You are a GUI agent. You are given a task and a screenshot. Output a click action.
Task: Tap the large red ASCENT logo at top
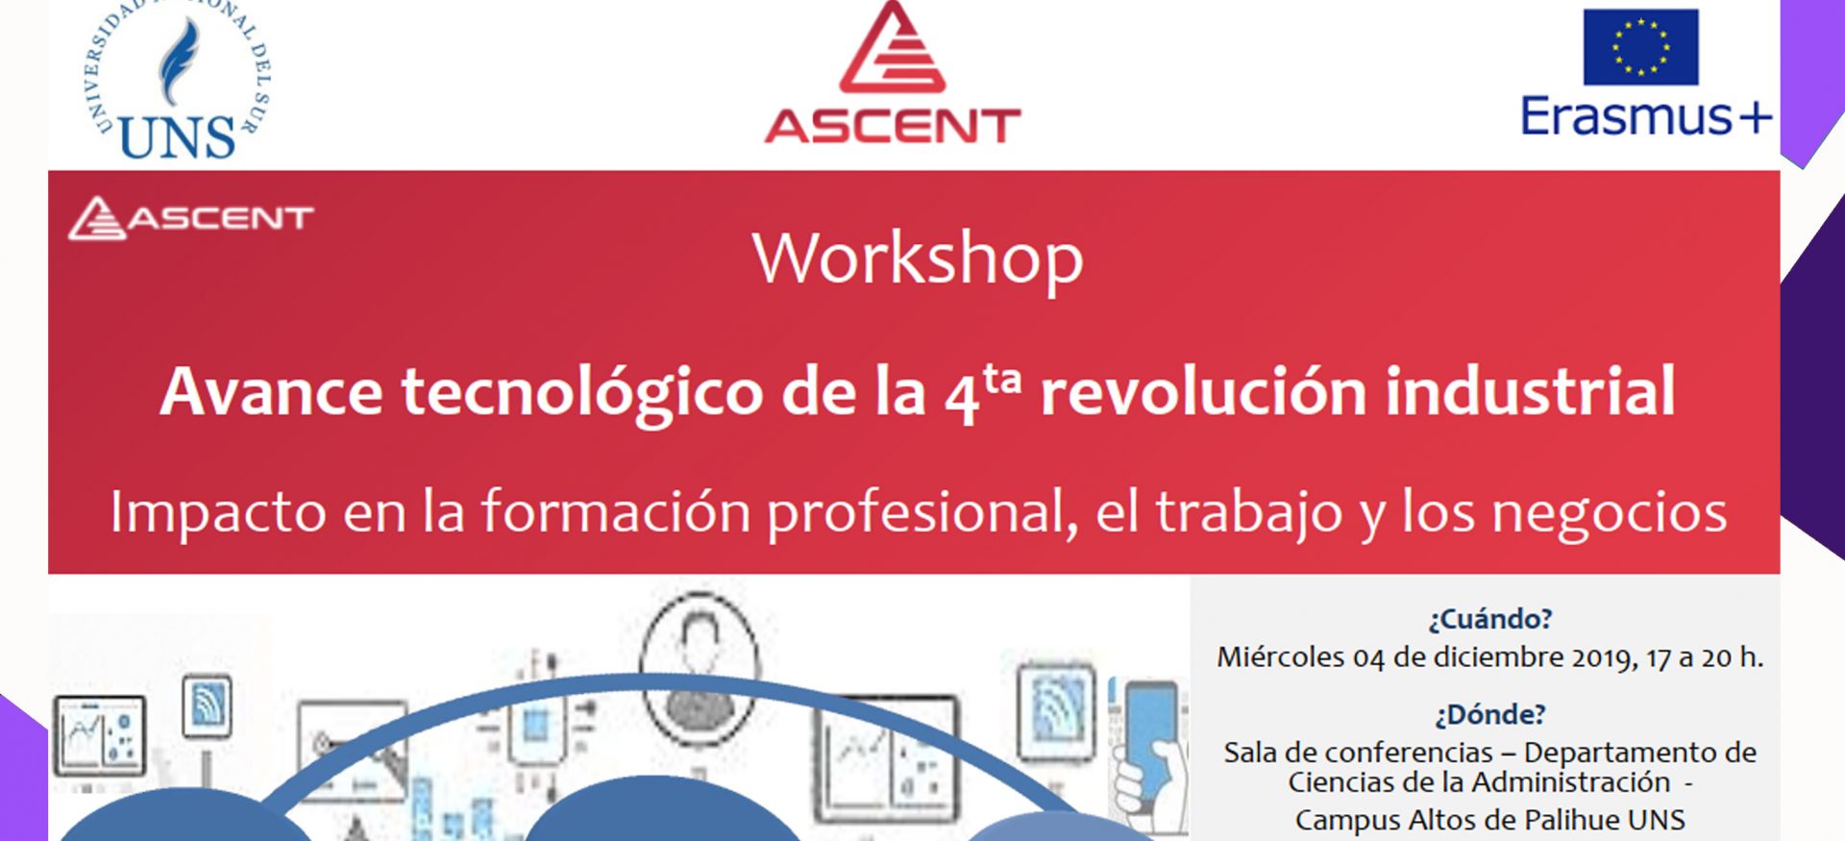(x=893, y=73)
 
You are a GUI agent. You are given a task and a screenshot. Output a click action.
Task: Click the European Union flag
(x=1640, y=47)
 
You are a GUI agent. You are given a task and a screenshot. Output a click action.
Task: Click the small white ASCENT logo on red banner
(x=191, y=218)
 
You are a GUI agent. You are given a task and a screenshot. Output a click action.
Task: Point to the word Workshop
(x=918, y=260)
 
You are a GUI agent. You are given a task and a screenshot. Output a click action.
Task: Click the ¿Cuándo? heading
(x=1489, y=619)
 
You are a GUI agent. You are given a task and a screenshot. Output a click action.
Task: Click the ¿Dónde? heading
(x=1490, y=715)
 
